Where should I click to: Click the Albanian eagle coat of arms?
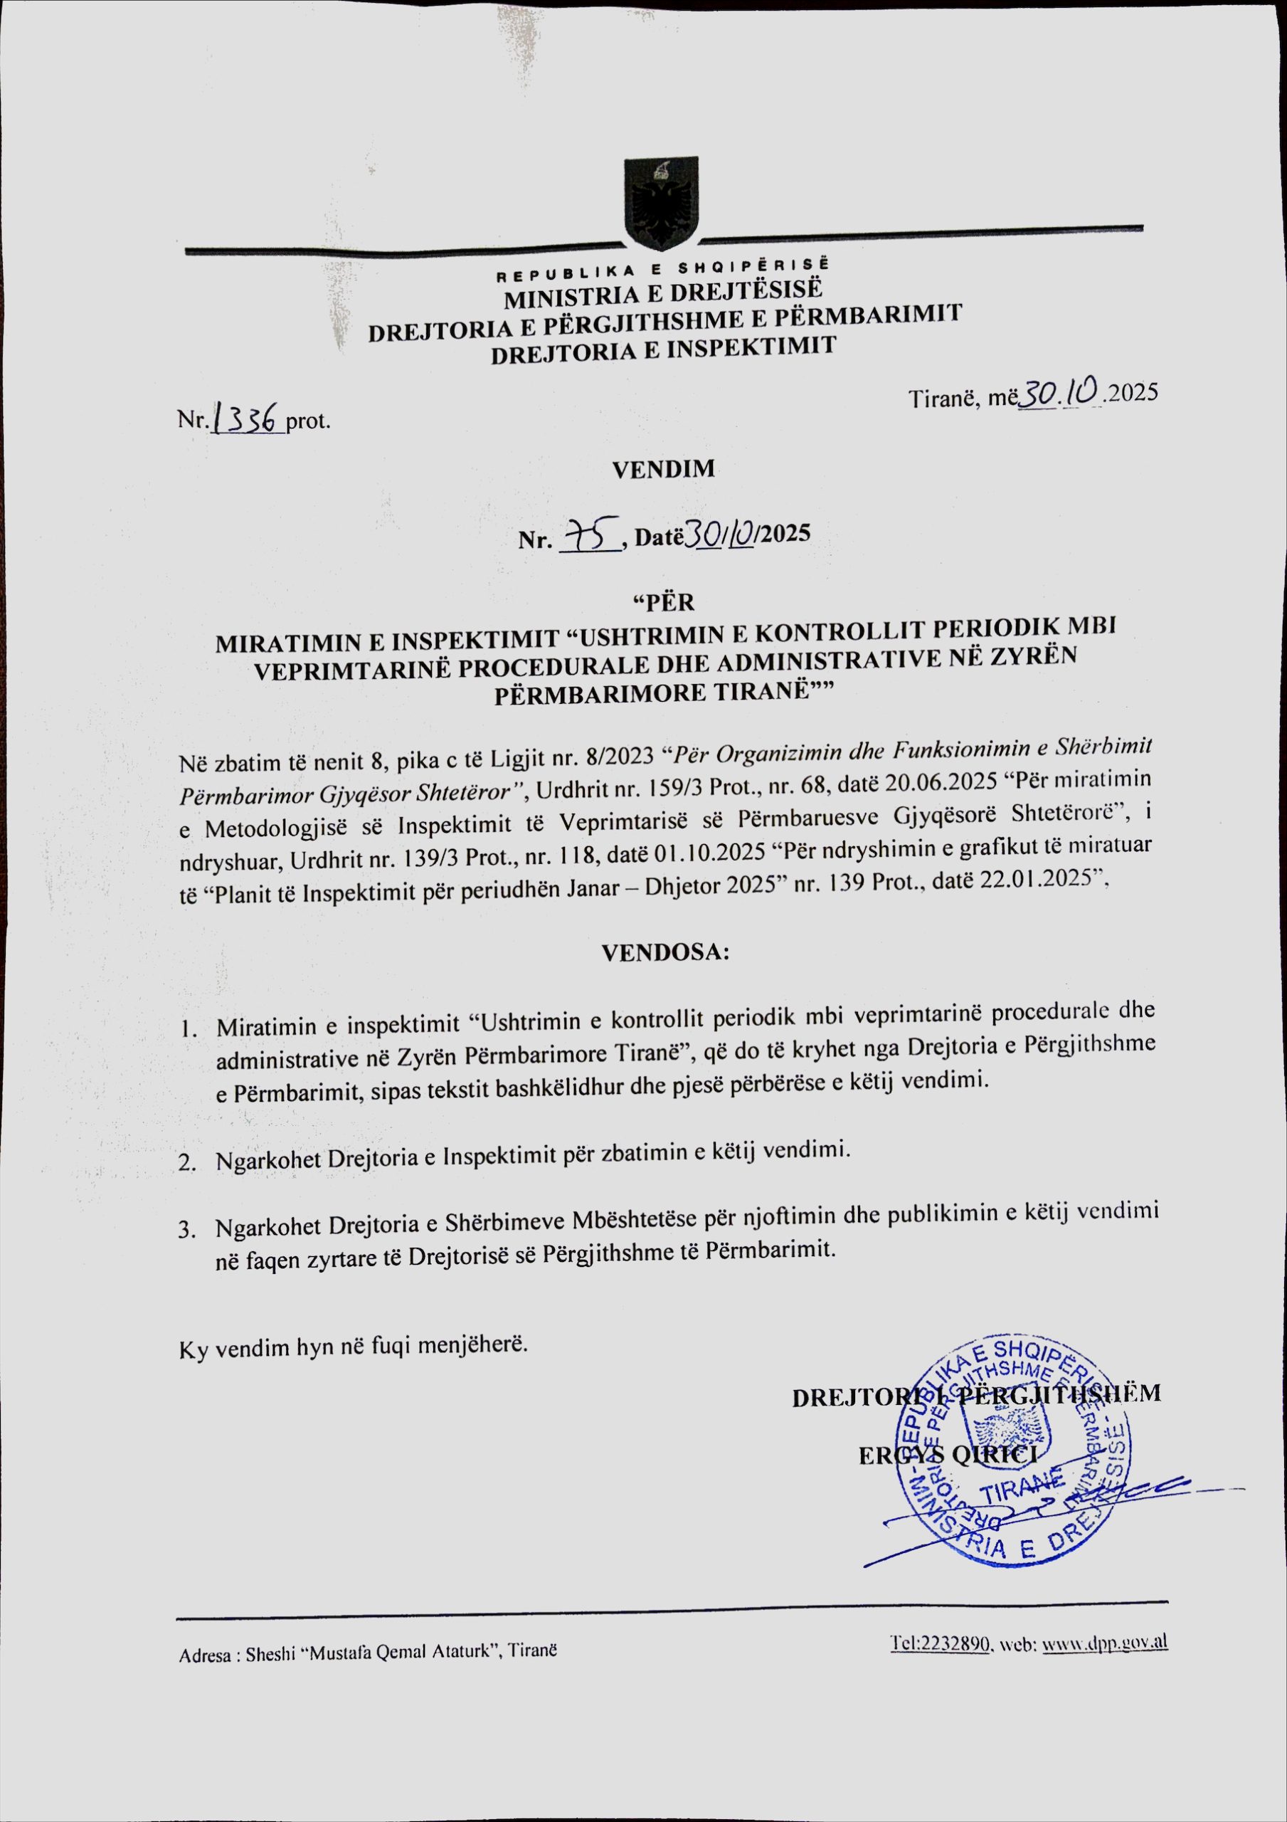click(661, 202)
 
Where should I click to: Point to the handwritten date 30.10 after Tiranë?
click(1060, 391)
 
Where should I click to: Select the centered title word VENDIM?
click(663, 469)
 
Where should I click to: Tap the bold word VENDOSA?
click(665, 952)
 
